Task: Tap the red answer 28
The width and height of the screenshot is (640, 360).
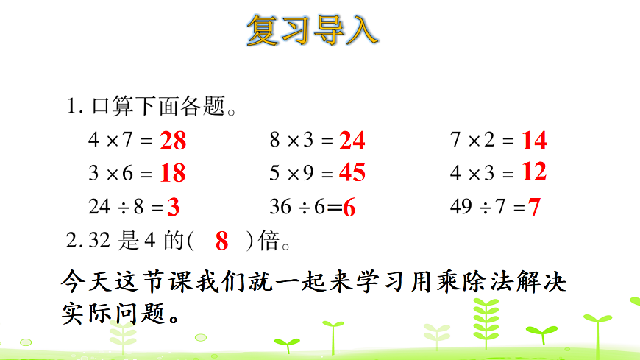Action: point(173,140)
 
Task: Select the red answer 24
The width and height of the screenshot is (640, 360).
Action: point(352,140)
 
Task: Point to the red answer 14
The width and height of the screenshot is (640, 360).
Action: point(534,140)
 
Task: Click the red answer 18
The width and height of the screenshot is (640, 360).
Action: point(173,173)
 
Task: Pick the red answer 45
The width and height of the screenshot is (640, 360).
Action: point(352,172)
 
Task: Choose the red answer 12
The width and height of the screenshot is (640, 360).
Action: point(534,172)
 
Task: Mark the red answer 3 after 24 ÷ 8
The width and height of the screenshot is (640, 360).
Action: point(174,208)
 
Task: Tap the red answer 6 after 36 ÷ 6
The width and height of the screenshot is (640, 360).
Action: point(349,208)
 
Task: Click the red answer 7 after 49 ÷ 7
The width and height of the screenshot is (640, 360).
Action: point(534,208)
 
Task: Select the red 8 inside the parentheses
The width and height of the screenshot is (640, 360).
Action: point(222,241)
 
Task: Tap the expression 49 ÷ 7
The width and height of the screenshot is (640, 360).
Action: point(477,208)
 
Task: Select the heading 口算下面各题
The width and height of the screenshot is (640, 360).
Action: point(157,107)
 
